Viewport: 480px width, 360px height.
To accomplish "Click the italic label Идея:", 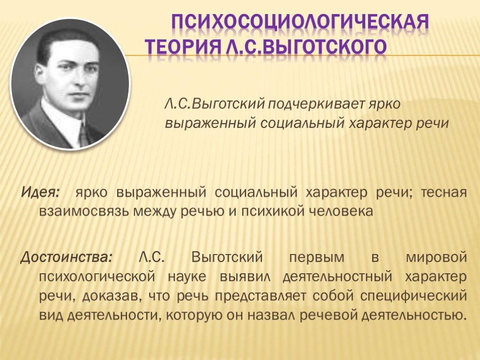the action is click(40, 192).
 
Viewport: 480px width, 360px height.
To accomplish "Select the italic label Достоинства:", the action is click(66, 257).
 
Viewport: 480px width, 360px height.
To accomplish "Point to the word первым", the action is click(316, 258).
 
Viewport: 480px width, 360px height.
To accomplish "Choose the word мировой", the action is click(436, 258).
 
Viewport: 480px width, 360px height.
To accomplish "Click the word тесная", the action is click(444, 193).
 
